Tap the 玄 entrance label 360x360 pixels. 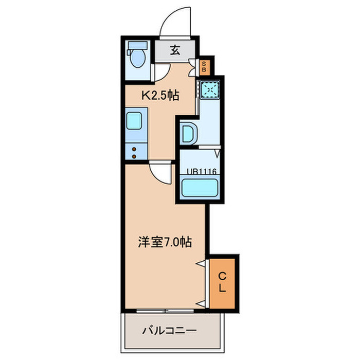coord(175,50)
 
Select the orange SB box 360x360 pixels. coord(204,65)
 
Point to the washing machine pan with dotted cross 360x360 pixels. coord(210,89)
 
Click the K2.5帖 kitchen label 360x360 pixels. coord(160,95)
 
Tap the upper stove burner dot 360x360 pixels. coord(135,149)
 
